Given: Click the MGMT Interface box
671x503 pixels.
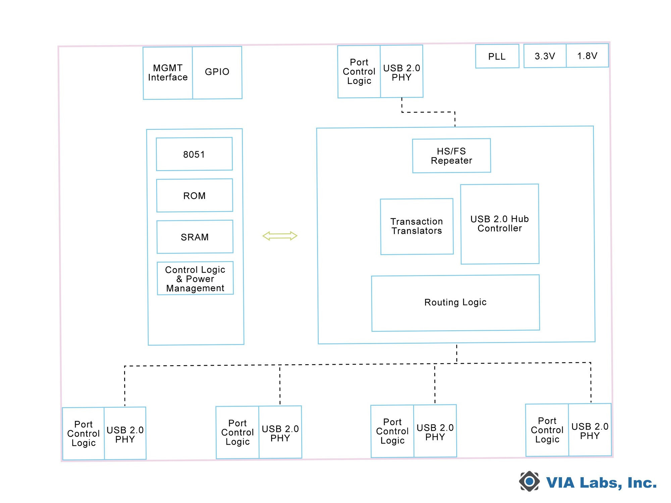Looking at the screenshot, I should point(168,73).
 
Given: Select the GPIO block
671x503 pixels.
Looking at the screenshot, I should point(217,72).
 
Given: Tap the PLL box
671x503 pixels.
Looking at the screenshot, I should point(497,56).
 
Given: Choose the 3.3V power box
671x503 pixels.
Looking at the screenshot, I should point(545,56).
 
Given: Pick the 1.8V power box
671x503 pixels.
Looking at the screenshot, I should point(587,56).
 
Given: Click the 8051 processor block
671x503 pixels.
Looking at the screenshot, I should point(194,154).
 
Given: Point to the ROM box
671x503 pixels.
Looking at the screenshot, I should point(195,195).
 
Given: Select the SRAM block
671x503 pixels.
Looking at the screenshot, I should point(195,237).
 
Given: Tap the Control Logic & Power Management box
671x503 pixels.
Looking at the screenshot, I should point(195,278).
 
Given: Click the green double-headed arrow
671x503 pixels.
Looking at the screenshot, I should point(280,236).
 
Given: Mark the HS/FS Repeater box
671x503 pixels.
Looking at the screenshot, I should point(451,156).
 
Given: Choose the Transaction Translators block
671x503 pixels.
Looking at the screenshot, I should point(417,226).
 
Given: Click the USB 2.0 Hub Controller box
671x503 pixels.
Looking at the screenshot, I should point(500,224).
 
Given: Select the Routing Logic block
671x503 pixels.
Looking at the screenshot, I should point(455,303).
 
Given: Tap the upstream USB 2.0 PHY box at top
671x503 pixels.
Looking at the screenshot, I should point(402,72).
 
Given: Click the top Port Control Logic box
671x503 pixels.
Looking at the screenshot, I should point(359,72).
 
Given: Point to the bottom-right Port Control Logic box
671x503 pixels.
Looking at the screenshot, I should point(547,430).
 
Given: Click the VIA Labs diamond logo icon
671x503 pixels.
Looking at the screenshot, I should point(529,482).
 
